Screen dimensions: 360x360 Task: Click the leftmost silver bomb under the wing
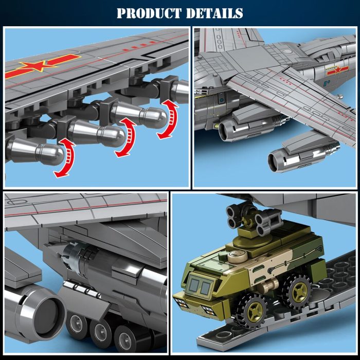click(x=33, y=152)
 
